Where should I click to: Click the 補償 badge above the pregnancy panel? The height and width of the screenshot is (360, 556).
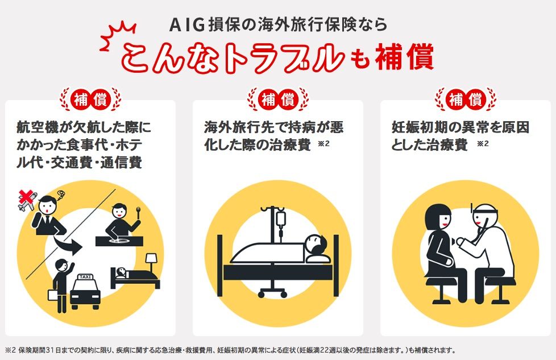pyautogui.click(x=466, y=99)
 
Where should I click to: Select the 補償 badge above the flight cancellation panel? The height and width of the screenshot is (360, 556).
pyautogui.click(x=90, y=99)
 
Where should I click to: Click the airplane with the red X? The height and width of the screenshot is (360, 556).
pyautogui.click(x=27, y=200)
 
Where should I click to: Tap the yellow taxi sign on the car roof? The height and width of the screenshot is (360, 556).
pyautogui.click(x=85, y=276)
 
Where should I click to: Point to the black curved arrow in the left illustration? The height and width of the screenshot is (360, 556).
pyautogui.click(x=68, y=245)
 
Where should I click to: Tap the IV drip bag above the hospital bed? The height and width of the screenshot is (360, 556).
pyautogui.click(x=281, y=220)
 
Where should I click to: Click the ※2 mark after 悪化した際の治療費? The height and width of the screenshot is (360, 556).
pyautogui.click(x=324, y=144)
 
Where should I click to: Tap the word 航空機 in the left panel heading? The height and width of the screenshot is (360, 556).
pyautogui.click(x=38, y=127)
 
